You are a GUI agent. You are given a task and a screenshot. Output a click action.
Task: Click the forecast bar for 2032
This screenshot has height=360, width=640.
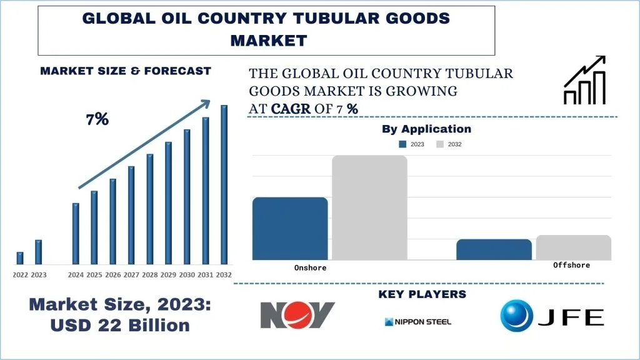[224, 184]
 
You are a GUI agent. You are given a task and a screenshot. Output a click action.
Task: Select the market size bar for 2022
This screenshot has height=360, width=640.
[20, 257]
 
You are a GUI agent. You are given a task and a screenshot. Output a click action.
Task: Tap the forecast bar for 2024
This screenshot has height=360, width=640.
[76, 233]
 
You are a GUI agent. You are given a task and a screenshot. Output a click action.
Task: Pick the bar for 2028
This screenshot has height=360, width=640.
[150, 209]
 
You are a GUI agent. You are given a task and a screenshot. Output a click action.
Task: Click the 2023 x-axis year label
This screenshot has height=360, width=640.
[39, 274]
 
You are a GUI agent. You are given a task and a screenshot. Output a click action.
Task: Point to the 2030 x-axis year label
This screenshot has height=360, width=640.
[187, 274]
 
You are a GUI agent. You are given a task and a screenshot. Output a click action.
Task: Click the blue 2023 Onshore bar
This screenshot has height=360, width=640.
[290, 228]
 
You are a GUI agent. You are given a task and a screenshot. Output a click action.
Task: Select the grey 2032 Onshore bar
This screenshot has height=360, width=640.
[369, 207]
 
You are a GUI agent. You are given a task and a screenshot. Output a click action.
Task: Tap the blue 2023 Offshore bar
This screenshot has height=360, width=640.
[494, 249]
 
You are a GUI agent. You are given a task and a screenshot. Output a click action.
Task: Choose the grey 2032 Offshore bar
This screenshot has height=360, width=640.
[573, 247]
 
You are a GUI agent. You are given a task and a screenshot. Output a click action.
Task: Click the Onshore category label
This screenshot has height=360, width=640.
[311, 267]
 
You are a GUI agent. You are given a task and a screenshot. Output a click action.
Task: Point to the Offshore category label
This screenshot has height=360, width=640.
[571, 265]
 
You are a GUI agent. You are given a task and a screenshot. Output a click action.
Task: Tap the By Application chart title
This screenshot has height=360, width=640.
[426, 129]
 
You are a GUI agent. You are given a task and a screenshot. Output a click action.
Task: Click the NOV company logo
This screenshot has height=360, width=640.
[297, 315]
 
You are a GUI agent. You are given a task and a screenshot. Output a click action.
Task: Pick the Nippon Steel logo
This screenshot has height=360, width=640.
[417, 322]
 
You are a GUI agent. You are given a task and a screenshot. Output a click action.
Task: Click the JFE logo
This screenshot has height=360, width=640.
[552, 316]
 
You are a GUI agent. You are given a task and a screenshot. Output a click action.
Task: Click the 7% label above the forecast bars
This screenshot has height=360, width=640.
[97, 119]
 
